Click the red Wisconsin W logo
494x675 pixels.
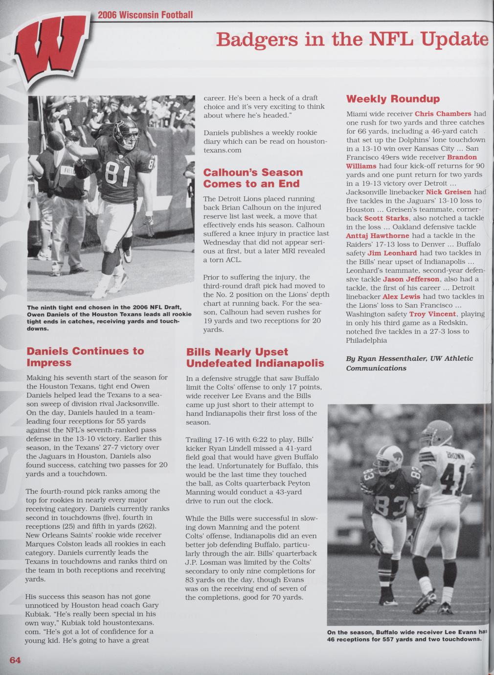[x=51, y=49]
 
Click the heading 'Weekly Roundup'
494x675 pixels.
[x=393, y=99]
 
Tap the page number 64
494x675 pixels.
[x=15, y=660]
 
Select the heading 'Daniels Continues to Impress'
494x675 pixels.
[x=85, y=357]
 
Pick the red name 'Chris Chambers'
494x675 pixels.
[x=443, y=113]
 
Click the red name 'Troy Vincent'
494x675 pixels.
[x=432, y=314]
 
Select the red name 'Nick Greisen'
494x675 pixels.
[x=449, y=192]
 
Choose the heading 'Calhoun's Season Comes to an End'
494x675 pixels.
[x=252, y=178]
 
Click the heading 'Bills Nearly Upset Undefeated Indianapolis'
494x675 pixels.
[x=255, y=358]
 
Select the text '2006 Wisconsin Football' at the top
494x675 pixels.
[x=145, y=15]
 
